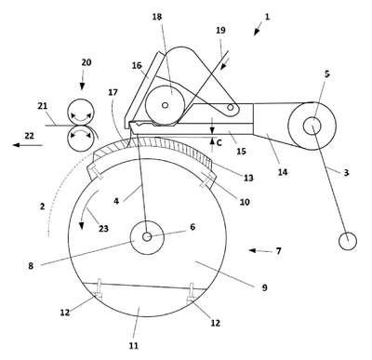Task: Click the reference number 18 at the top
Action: pyautogui.click(x=157, y=17)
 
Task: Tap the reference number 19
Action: pyautogui.click(x=220, y=31)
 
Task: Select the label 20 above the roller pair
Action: pyautogui.click(x=86, y=62)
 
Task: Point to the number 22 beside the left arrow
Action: pyautogui.click(x=30, y=136)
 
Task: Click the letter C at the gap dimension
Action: pyautogui.click(x=219, y=143)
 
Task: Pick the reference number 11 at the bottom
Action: pyautogui.click(x=134, y=345)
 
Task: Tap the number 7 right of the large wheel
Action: pyautogui.click(x=279, y=250)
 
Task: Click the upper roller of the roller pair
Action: pyautogui.click(x=81, y=112)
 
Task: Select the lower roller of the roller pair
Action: pyautogui.click(x=81, y=139)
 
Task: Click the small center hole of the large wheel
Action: pyautogui.click(x=147, y=237)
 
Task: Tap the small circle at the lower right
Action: pyautogui.click(x=348, y=241)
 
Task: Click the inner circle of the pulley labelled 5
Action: pyautogui.click(x=312, y=127)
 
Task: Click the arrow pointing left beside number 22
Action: pyautogui.click(x=28, y=145)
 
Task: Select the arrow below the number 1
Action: pyautogui.click(x=258, y=32)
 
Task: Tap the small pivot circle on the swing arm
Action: pyautogui.click(x=231, y=107)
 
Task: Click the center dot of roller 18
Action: pyautogui.click(x=166, y=105)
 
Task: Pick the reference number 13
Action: pyautogui.click(x=248, y=178)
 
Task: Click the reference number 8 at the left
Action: pyautogui.click(x=31, y=266)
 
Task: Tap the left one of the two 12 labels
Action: pyautogui.click(x=65, y=313)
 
